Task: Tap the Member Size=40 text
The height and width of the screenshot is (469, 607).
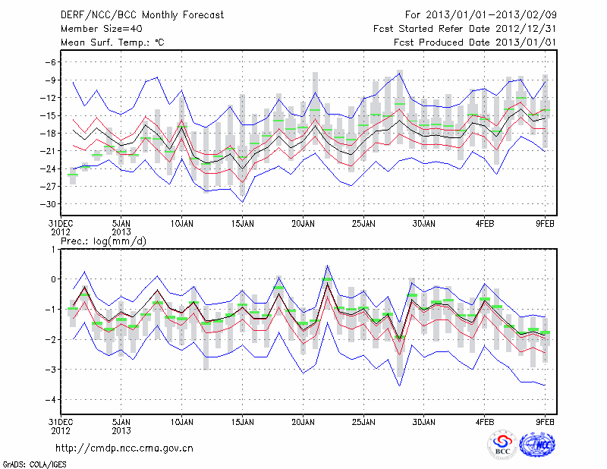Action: (x=95, y=28)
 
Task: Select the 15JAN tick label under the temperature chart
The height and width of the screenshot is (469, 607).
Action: (x=242, y=225)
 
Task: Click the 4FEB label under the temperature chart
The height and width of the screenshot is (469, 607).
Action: (x=486, y=225)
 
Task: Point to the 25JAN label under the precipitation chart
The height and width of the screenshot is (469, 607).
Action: (x=364, y=421)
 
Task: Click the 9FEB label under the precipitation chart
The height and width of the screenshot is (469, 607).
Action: (x=546, y=421)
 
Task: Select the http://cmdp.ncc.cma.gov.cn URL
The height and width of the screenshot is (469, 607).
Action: (x=124, y=448)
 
